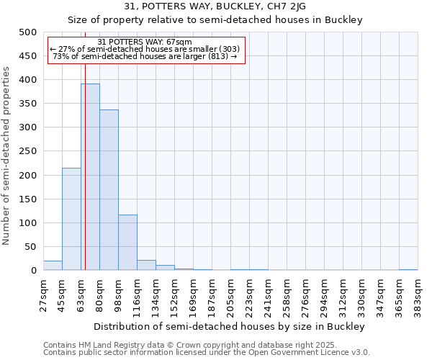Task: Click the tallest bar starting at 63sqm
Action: click(x=90, y=177)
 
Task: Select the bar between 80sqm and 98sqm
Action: click(x=109, y=190)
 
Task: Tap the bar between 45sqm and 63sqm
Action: click(x=71, y=219)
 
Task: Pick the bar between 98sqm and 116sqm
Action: click(x=127, y=243)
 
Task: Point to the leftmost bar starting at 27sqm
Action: click(x=53, y=266)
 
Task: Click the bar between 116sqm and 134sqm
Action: click(x=146, y=266)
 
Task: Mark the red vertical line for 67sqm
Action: click(x=85, y=166)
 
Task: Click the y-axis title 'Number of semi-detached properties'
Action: click(x=6, y=156)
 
